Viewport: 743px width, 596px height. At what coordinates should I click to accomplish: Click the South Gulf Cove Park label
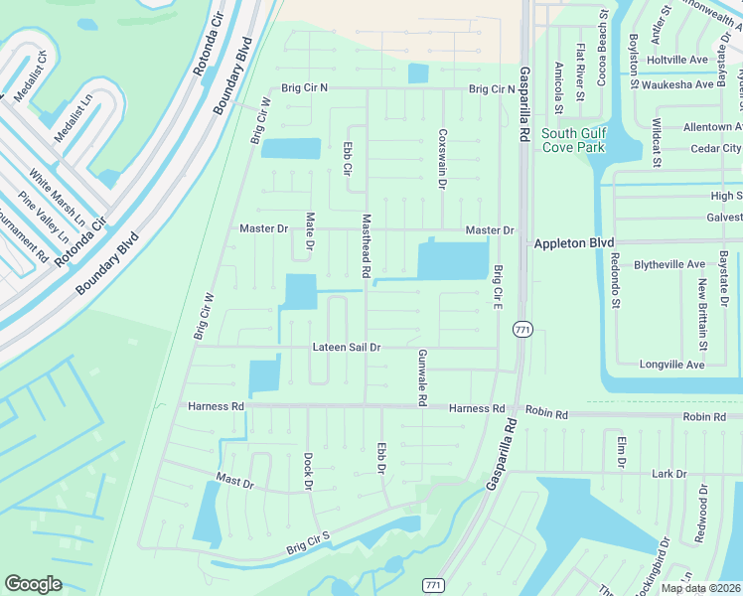(x=573, y=140)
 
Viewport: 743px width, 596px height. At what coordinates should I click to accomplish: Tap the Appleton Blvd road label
(x=574, y=242)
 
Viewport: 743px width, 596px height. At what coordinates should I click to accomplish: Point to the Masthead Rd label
(x=366, y=245)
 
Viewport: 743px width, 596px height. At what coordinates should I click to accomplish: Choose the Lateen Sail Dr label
(x=347, y=348)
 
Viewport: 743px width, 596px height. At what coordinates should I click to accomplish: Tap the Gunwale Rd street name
(x=422, y=377)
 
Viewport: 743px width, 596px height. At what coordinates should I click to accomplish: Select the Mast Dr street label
(x=235, y=481)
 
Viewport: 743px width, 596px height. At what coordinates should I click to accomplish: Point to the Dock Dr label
(x=308, y=472)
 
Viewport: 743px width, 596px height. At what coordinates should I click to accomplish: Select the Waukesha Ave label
(x=677, y=84)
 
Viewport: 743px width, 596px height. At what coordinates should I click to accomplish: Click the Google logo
(x=33, y=584)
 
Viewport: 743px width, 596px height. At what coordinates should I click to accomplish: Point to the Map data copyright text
(x=701, y=588)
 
